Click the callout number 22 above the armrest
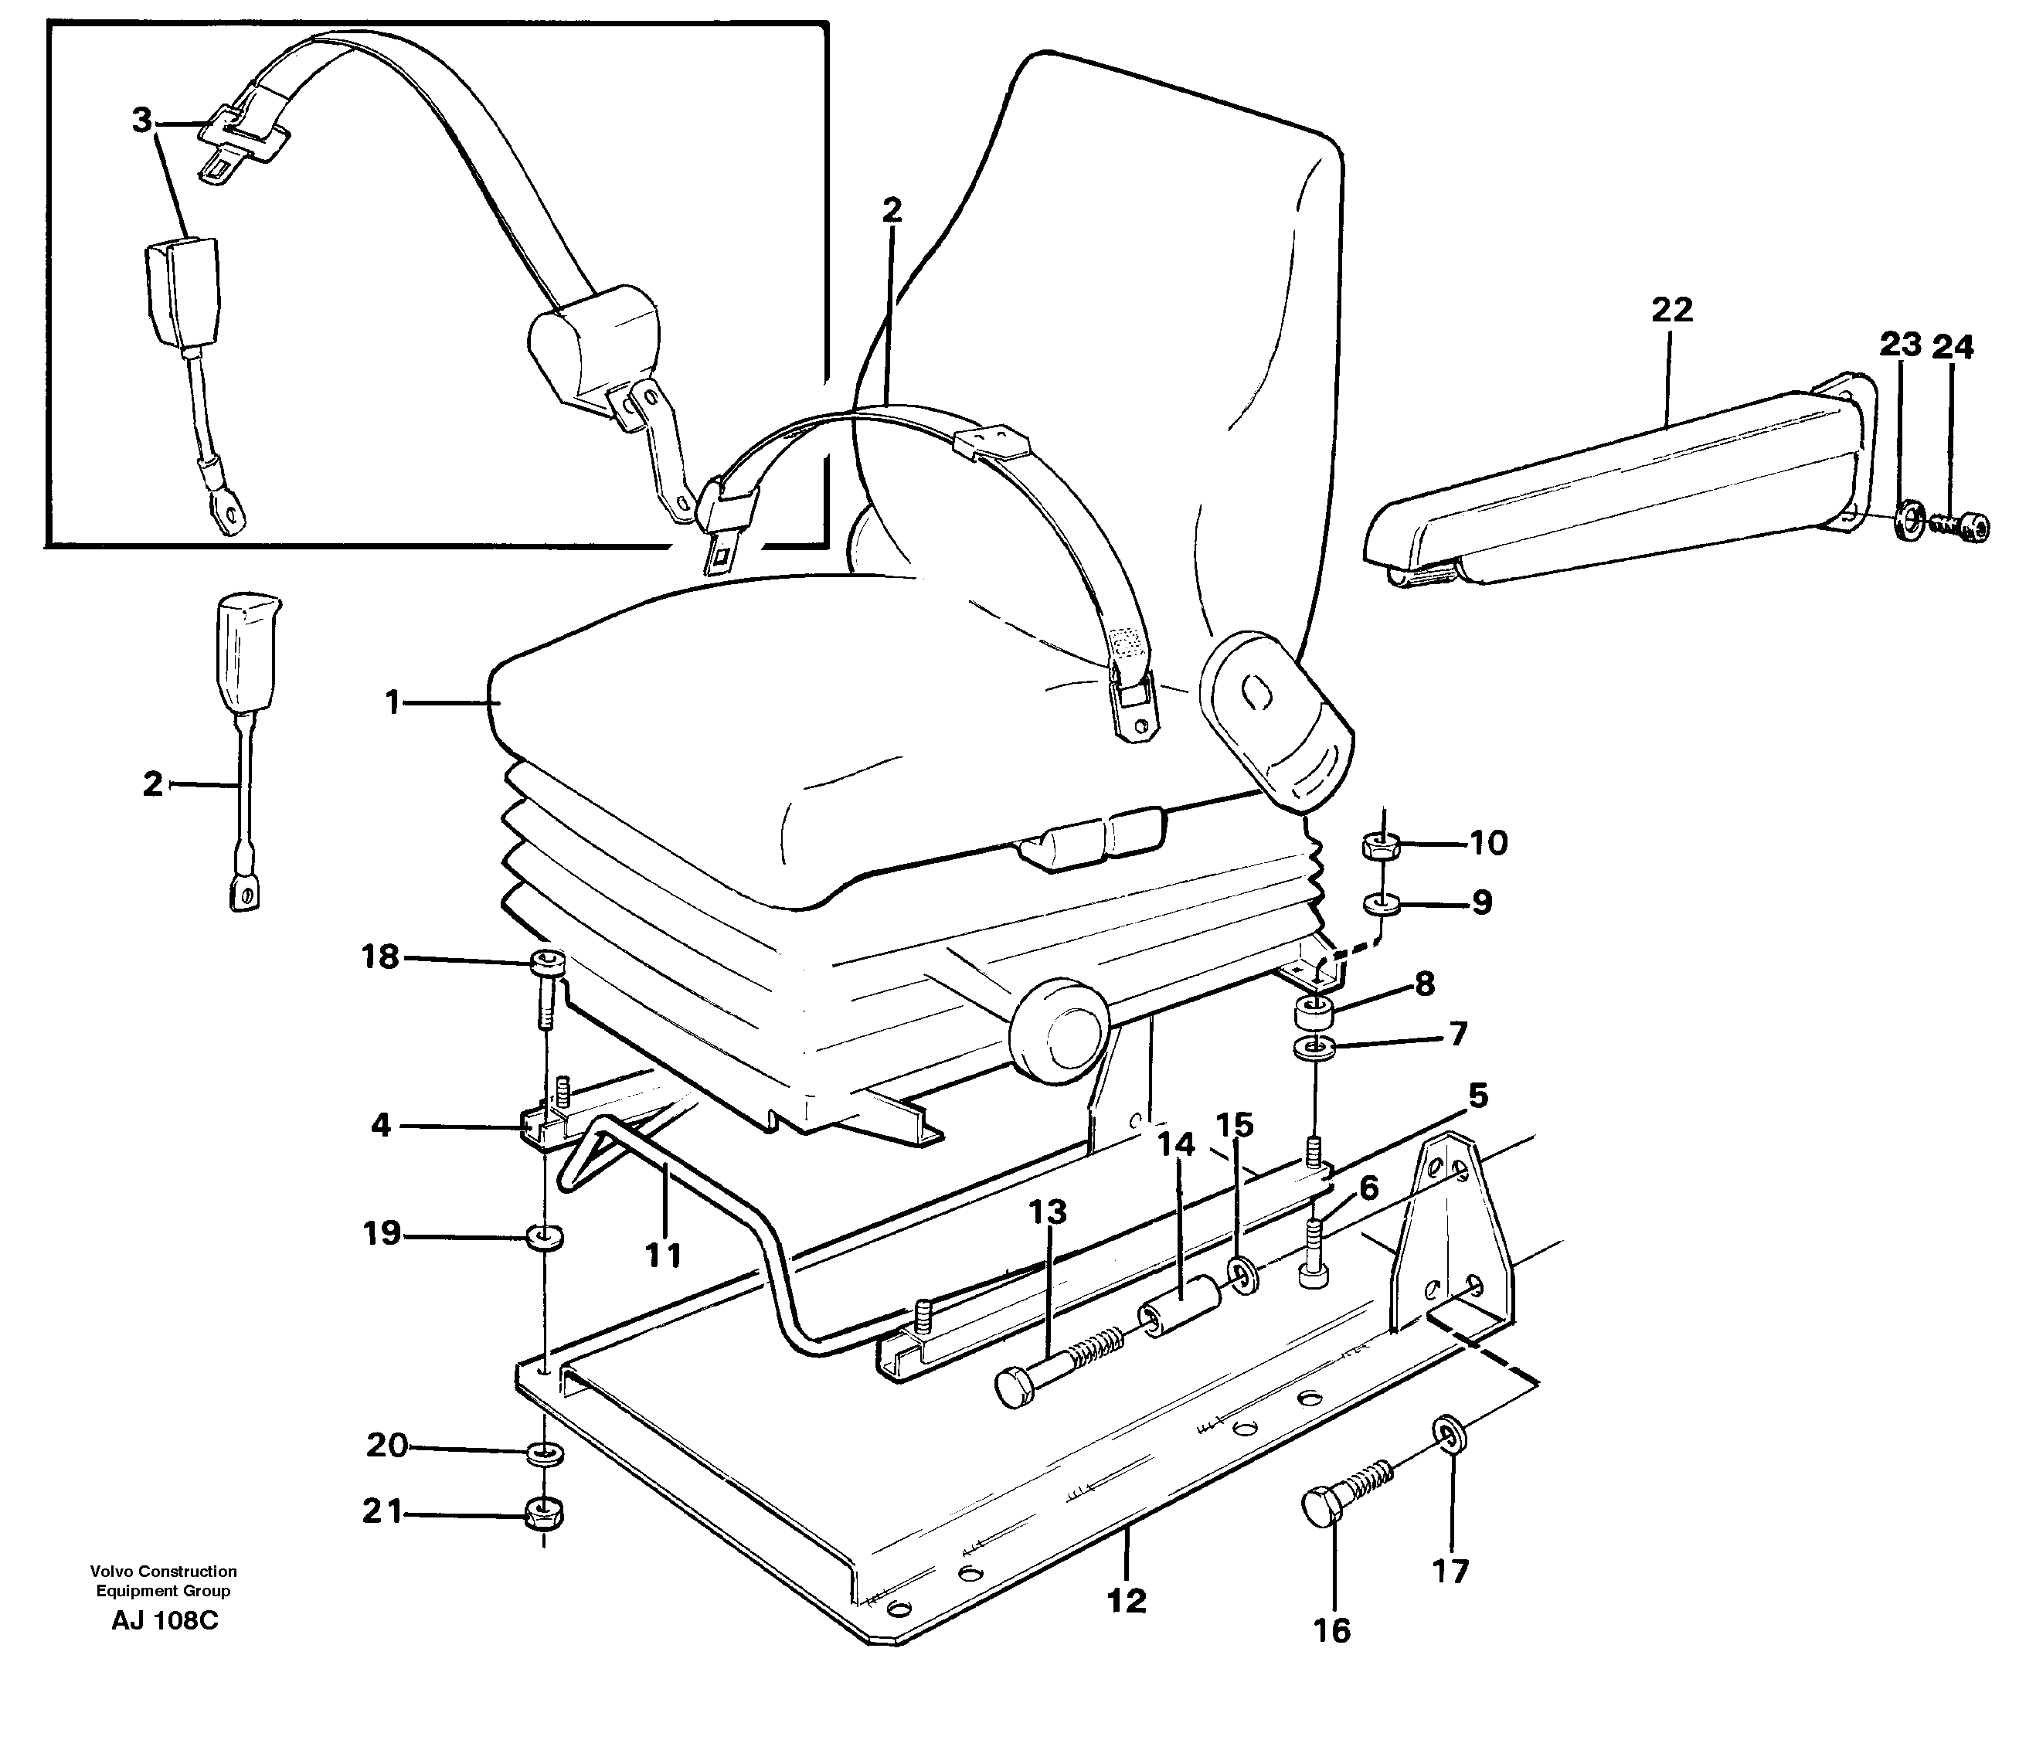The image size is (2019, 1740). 1671,310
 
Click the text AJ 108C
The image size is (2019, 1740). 165,1621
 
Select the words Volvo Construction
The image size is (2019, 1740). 163,1572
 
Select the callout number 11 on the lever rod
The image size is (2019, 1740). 663,1255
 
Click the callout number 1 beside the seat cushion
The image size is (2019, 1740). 393,702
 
